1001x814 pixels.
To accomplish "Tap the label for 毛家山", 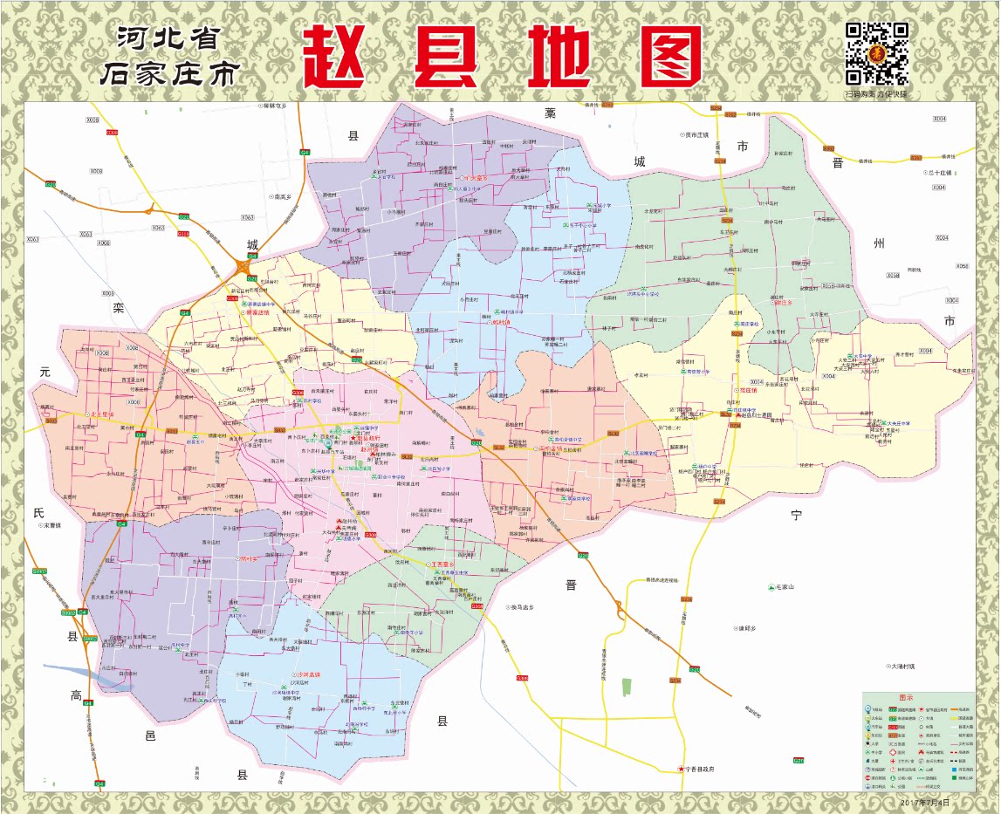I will click(x=788, y=587).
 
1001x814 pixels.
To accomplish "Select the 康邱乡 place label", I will click(x=745, y=628).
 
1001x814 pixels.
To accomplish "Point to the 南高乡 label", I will click(x=281, y=197).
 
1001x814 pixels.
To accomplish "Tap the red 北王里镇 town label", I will click(x=100, y=414).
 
